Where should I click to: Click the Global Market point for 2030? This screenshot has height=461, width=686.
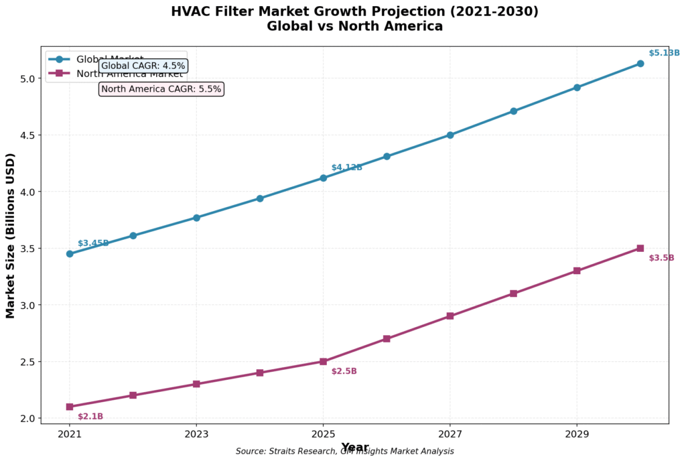pyautogui.click(x=640, y=64)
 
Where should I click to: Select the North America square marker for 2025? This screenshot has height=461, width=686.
pyautogui.click(x=323, y=361)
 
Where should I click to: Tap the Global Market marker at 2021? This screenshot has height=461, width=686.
pyautogui.click(x=70, y=254)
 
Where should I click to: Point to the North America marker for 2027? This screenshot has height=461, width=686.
pyautogui.click(x=450, y=316)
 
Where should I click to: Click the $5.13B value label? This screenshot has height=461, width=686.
pyautogui.click(x=664, y=53)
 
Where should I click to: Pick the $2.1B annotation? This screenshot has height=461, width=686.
pyautogui.click(x=90, y=417)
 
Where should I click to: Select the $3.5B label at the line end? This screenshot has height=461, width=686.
pyautogui.click(x=661, y=258)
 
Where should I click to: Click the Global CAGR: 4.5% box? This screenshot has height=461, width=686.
pyautogui.click(x=143, y=66)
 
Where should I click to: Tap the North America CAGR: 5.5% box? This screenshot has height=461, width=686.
pyautogui.click(x=161, y=89)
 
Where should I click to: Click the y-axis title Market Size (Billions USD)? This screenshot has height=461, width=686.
pyautogui.click(x=11, y=235)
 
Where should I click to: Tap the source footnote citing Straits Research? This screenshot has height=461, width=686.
pyautogui.click(x=344, y=452)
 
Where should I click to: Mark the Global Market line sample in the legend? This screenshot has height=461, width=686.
pyautogui.click(x=59, y=59)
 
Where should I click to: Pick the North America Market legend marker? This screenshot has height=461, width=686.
pyautogui.click(x=59, y=73)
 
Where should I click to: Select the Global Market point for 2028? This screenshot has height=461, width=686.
pyautogui.click(x=513, y=111)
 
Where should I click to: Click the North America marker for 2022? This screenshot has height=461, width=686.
pyautogui.click(x=133, y=395)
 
